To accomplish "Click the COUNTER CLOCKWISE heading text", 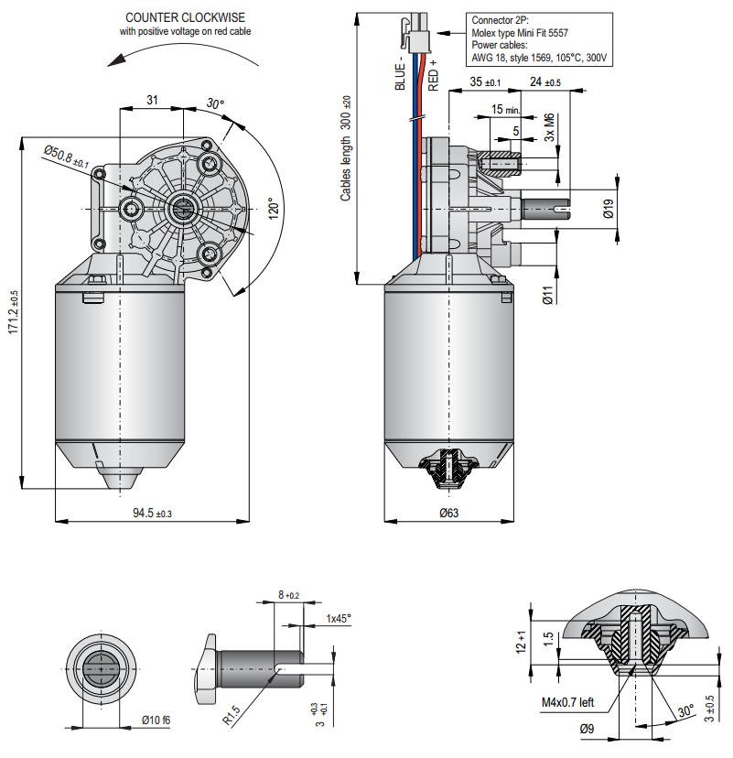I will click(187, 17).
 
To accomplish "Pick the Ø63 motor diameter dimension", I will click(448, 514).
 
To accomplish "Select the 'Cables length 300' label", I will click(347, 150).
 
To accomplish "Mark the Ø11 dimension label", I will click(546, 295).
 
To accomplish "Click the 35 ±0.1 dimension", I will click(485, 82).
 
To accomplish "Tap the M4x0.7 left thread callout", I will click(567, 702).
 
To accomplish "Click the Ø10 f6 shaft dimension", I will click(156, 720).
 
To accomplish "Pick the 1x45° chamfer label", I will click(339, 619).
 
